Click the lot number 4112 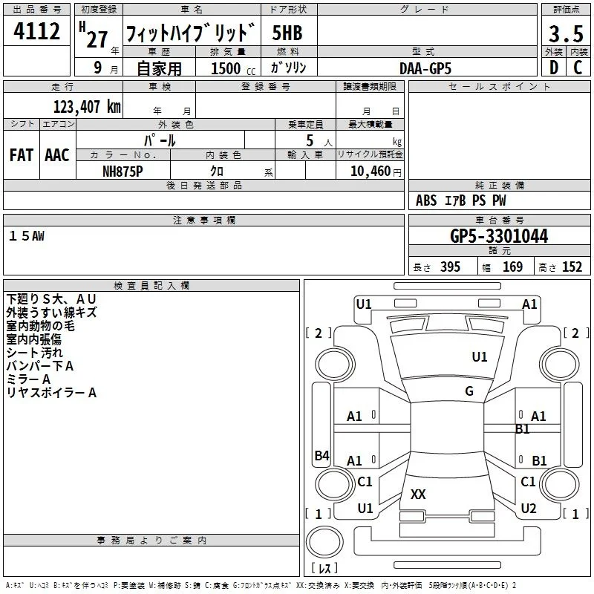pos(36,31)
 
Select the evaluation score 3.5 pos(566,33)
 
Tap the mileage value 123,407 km pos(87,107)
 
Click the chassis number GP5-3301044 pos(499,236)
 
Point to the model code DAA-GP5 pos(425,68)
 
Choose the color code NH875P pos(123,172)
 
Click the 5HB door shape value pos(287,33)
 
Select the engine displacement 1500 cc pos(233,68)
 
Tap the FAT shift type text pos(22,155)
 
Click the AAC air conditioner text pos(57,155)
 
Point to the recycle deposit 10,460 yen pos(376,172)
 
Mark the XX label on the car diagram pos(418,494)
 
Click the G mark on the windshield pos(469,391)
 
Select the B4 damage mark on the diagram pos(322,455)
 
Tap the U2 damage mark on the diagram pos(529,508)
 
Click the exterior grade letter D pos(554,68)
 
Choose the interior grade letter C pos(578,68)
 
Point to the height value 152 pos(572,267)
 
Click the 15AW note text pos(27,236)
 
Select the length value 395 pos(450,267)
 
